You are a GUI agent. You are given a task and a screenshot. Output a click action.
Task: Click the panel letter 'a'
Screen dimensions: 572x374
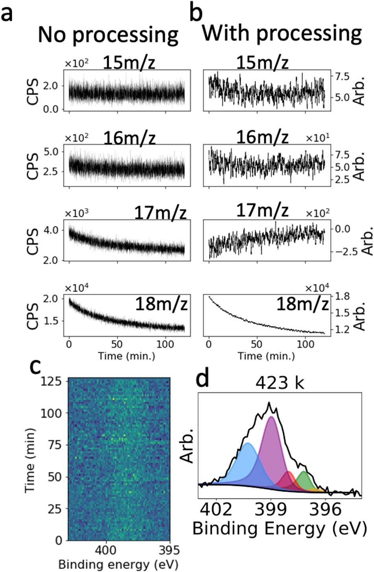(x=10, y=17)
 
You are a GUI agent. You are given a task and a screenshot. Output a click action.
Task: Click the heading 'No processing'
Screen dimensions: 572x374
(x=108, y=35)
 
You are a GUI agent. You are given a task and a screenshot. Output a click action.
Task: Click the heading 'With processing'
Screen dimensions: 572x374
(x=281, y=34)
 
